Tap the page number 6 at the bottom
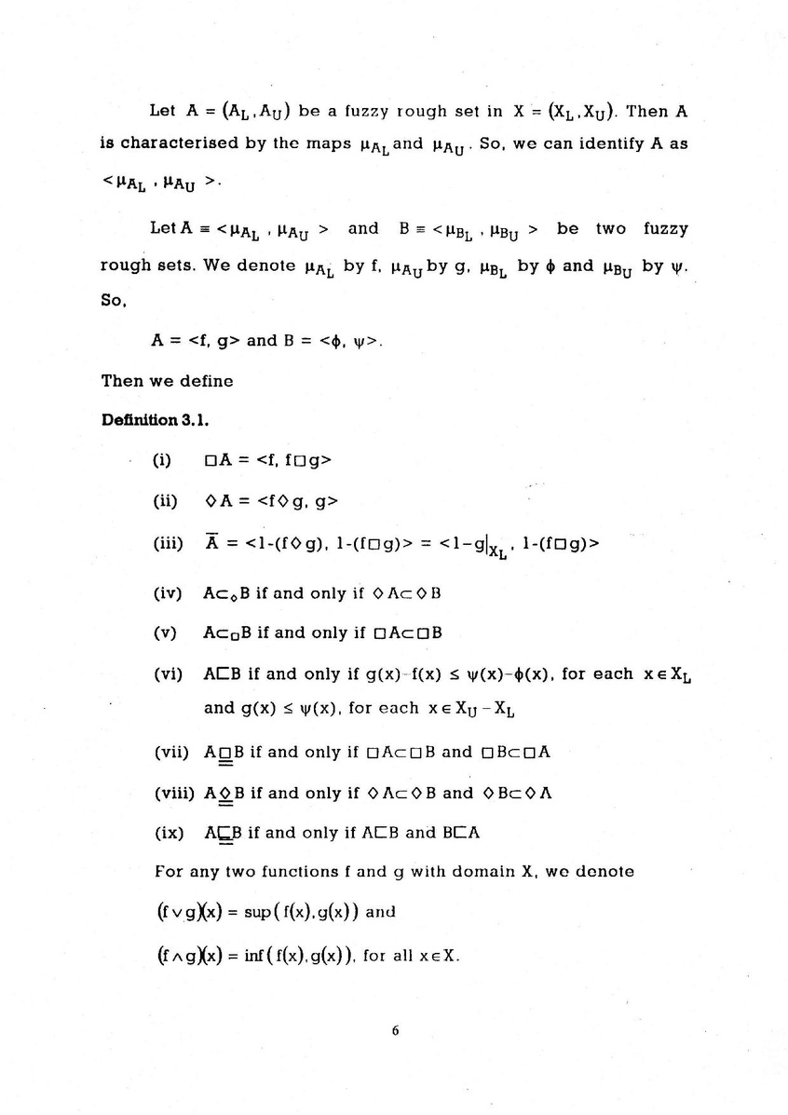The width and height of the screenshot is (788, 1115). [395, 1031]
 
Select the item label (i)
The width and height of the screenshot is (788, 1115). [161, 459]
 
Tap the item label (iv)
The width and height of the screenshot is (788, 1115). [167, 593]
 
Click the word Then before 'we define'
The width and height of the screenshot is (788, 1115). [118, 380]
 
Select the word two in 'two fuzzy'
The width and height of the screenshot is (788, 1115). [612, 228]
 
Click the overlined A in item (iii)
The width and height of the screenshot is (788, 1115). [211, 543]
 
